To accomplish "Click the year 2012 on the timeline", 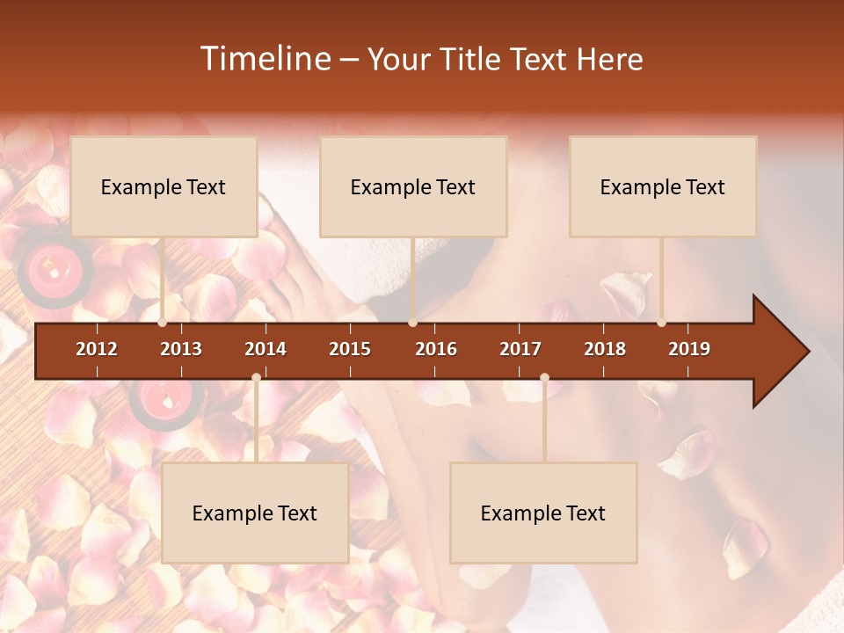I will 97,349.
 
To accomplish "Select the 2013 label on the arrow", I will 181,349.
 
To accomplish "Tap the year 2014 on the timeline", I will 266,349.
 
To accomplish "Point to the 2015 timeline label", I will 350,349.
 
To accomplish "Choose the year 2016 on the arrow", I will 436,349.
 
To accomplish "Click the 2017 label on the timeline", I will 520,349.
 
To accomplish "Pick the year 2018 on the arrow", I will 605,349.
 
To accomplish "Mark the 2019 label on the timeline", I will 689,349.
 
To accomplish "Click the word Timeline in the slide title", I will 264,59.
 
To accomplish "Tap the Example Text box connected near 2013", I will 164,186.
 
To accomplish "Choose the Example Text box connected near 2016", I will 413,186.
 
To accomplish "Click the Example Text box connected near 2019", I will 663,186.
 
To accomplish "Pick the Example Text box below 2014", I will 255,513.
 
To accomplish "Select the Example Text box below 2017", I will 543,513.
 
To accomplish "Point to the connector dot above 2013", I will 163,323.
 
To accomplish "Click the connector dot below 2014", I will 256,378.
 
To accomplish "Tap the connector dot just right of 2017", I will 544,378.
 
